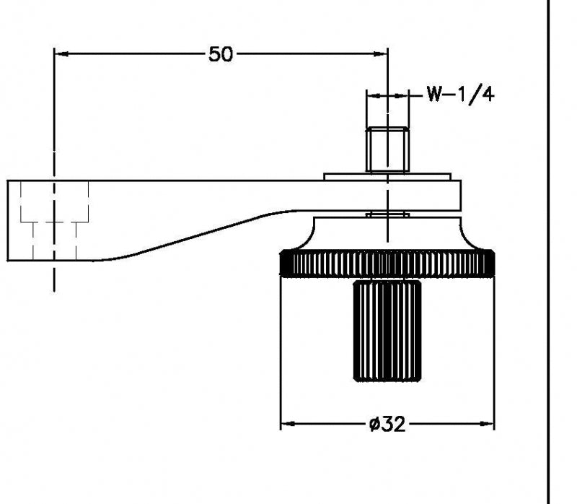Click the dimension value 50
click(221, 53)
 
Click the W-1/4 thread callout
click(459, 95)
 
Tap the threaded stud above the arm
click(387, 149)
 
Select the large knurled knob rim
click(387, 264)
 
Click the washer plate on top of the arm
click(387, 175)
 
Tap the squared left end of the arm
click(10, 220)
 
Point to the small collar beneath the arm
click(387, 214)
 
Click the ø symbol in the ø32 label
click(373, 425)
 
